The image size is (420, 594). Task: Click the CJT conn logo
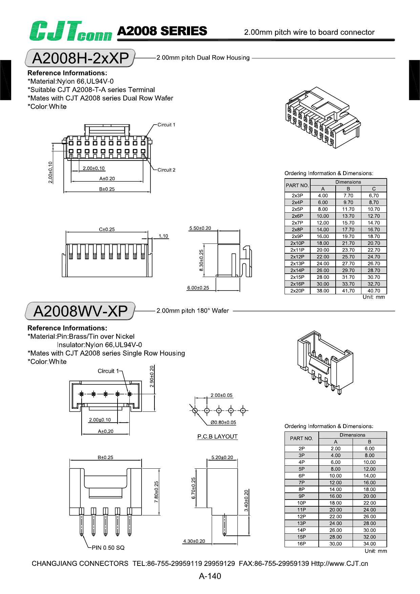[x=70, y=31]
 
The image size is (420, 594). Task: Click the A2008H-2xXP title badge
[x=80, y=58]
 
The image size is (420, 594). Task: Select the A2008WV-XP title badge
[x=80, y=311]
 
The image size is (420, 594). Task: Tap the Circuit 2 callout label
[x=166, y=170]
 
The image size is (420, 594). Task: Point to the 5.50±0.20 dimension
[x=200, y=228]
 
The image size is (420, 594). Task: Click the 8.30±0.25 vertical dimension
[x=201, y=260]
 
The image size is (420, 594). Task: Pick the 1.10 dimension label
[x=163, y=236]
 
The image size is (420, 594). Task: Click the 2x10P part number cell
[x=297, y=243]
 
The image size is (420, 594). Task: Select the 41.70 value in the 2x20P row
[x=348, y=291]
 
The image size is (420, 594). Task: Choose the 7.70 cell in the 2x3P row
[x=348, y=196]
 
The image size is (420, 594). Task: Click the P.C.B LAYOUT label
[x=217, y=437]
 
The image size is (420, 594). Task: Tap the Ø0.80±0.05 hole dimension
[x=223, y=422]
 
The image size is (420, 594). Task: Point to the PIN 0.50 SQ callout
[x=108, y=548]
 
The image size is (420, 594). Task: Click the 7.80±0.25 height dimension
[x=156, y=492]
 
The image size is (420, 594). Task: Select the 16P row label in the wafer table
[x=301, y=544]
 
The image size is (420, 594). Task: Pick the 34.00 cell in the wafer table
[x=370, y=544]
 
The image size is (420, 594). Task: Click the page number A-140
[x=210, y=576]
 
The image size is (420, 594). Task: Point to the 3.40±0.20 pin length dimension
[x=246, y=501]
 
